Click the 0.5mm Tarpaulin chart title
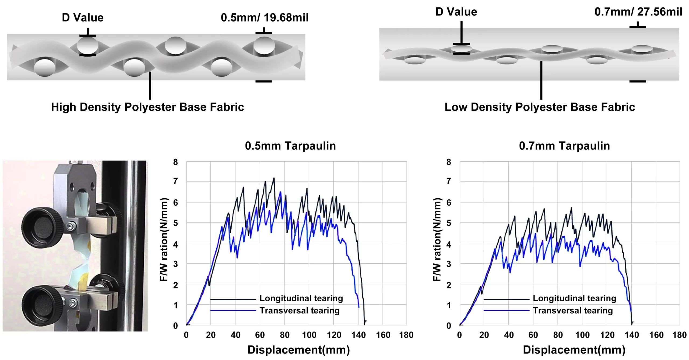pyautogui.click(x=290, y=146)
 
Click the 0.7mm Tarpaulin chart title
pyautogui.click(x=564, y=146)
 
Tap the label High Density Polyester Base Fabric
pyautogui.click(x=147, y=107)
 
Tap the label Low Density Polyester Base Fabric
pyautogui.click(x=540, y=107)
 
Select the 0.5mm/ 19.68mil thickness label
pyautogui.click(x=265, y=18)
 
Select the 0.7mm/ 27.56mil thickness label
pyautogui.click(x=638, y=12)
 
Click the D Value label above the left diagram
pyautogui.click(x=83, y=18)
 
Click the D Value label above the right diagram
pyautogui.click(x=456, y=12)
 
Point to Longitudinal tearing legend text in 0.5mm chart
pyautogui.click(x=301, y=298)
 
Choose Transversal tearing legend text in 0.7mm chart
pyautogui.click(x=573, y=311)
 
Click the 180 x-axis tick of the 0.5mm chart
pyautogui.click(x=406, y=335)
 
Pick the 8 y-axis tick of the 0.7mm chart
pyautogui.click(x=448, y=162)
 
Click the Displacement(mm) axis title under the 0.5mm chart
pyautogui.click(x=298, y=350)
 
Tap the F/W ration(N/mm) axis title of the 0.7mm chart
pyautogui.click(x=437, y=239)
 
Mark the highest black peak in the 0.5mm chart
pyautogui.click(x=274, y=178)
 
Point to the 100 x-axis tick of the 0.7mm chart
pyautogui.click(x=582, y=335)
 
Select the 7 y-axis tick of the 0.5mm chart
pyautogui.click(x=175, y=181)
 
